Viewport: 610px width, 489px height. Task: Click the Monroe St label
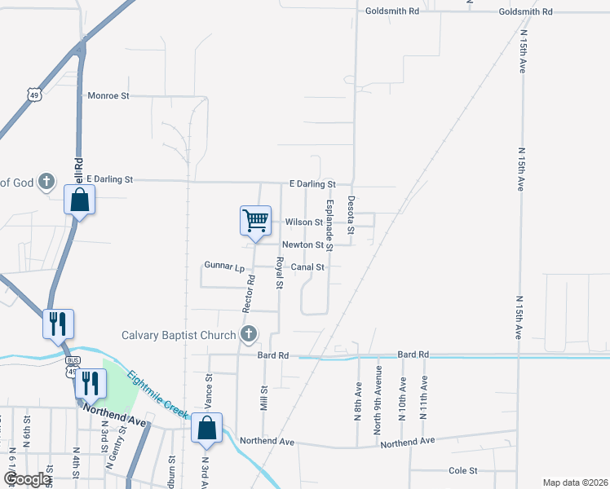108,95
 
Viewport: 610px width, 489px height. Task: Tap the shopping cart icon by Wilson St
255,220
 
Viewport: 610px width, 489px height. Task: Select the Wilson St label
304,222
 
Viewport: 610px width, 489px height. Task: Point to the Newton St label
303,244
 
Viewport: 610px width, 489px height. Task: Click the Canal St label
308,267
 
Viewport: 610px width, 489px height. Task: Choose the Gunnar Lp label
224,267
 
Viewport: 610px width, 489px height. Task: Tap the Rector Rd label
248,293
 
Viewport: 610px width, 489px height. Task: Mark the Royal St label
279,274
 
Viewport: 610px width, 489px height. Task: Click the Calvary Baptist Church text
178,334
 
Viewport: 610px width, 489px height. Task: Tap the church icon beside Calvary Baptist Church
249,334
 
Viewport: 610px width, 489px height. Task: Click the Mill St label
263,399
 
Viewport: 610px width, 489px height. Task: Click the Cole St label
462,470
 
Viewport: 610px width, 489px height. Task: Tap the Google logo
28,479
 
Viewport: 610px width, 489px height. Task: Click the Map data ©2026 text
575,482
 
